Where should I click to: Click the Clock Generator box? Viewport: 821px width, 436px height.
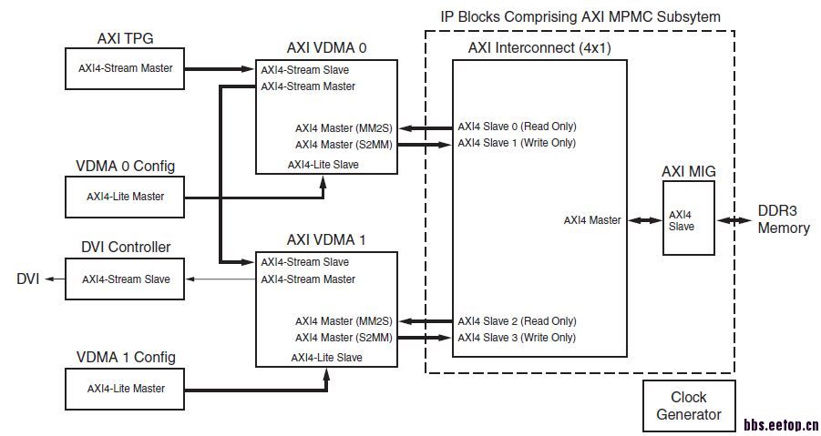click(x=688, y=406)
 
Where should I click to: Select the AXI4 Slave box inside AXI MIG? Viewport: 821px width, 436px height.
click(x=688, y=219)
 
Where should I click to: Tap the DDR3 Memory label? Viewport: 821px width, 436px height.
click(x=783, y=219)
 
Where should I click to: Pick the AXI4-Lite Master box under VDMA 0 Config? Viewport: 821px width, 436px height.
click(x=126, y=196)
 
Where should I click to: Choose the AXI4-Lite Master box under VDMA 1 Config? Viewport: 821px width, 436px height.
click(x=126, y=388)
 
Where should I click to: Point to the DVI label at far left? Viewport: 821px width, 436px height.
click(x=26, y=279)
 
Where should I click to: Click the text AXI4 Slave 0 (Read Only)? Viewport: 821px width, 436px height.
click(x=517, y=127)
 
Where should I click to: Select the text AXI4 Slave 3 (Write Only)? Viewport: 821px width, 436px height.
click(x=517, y=338)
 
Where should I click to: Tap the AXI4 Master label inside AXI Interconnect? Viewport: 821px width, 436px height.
click(x=591, y=219)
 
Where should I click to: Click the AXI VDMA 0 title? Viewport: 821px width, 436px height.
click(x=327, y=48)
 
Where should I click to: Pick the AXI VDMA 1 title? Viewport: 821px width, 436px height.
click(x=327, y=240)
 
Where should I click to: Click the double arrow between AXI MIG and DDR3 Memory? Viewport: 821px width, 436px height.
click(x=734, y=220)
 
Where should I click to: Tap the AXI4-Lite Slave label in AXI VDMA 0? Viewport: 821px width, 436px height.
click(x=323, y=165)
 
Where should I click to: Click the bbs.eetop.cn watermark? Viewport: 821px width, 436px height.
click(x=781, y=424)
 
